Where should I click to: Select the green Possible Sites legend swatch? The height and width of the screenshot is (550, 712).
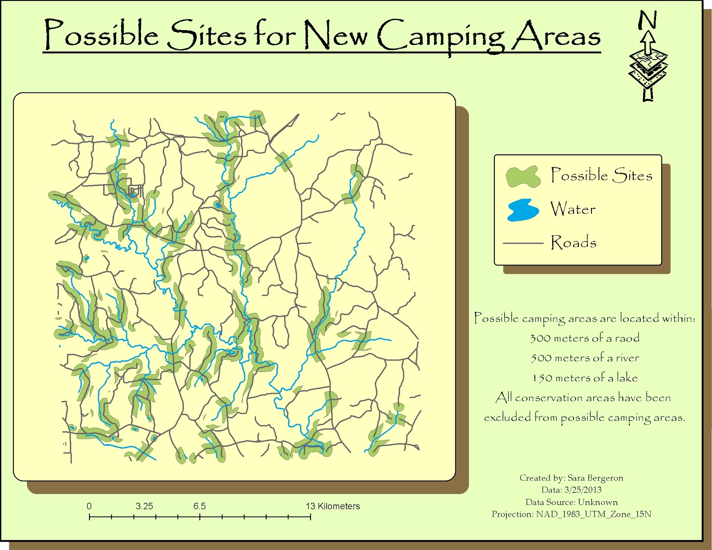(x=523, y=177)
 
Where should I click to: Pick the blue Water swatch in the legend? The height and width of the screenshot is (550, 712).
(x=522, y=210)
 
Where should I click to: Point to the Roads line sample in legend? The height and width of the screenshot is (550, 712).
(x=523, y=243)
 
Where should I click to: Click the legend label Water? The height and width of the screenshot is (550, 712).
(x=573, y=209)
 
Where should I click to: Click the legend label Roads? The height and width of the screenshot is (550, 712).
(x=574, y=243)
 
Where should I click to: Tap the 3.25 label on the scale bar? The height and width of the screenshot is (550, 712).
(x=144, y=506)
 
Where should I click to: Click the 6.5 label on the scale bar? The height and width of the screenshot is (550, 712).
(x=199, y=506)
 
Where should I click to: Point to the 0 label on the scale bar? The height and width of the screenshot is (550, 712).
(x=89, y=506)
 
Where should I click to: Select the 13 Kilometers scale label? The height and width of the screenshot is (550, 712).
(x=332, y=506)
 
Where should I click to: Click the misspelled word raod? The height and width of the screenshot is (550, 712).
(x=627, y=338)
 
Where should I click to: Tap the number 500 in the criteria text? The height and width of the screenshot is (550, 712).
(x=541, y=358)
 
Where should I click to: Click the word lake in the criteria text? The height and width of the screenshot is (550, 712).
(x=627, y=377)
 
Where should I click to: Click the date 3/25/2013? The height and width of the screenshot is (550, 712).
(x=583, y=490)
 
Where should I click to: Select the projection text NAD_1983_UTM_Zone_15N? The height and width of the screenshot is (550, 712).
(x=594, y=514)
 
